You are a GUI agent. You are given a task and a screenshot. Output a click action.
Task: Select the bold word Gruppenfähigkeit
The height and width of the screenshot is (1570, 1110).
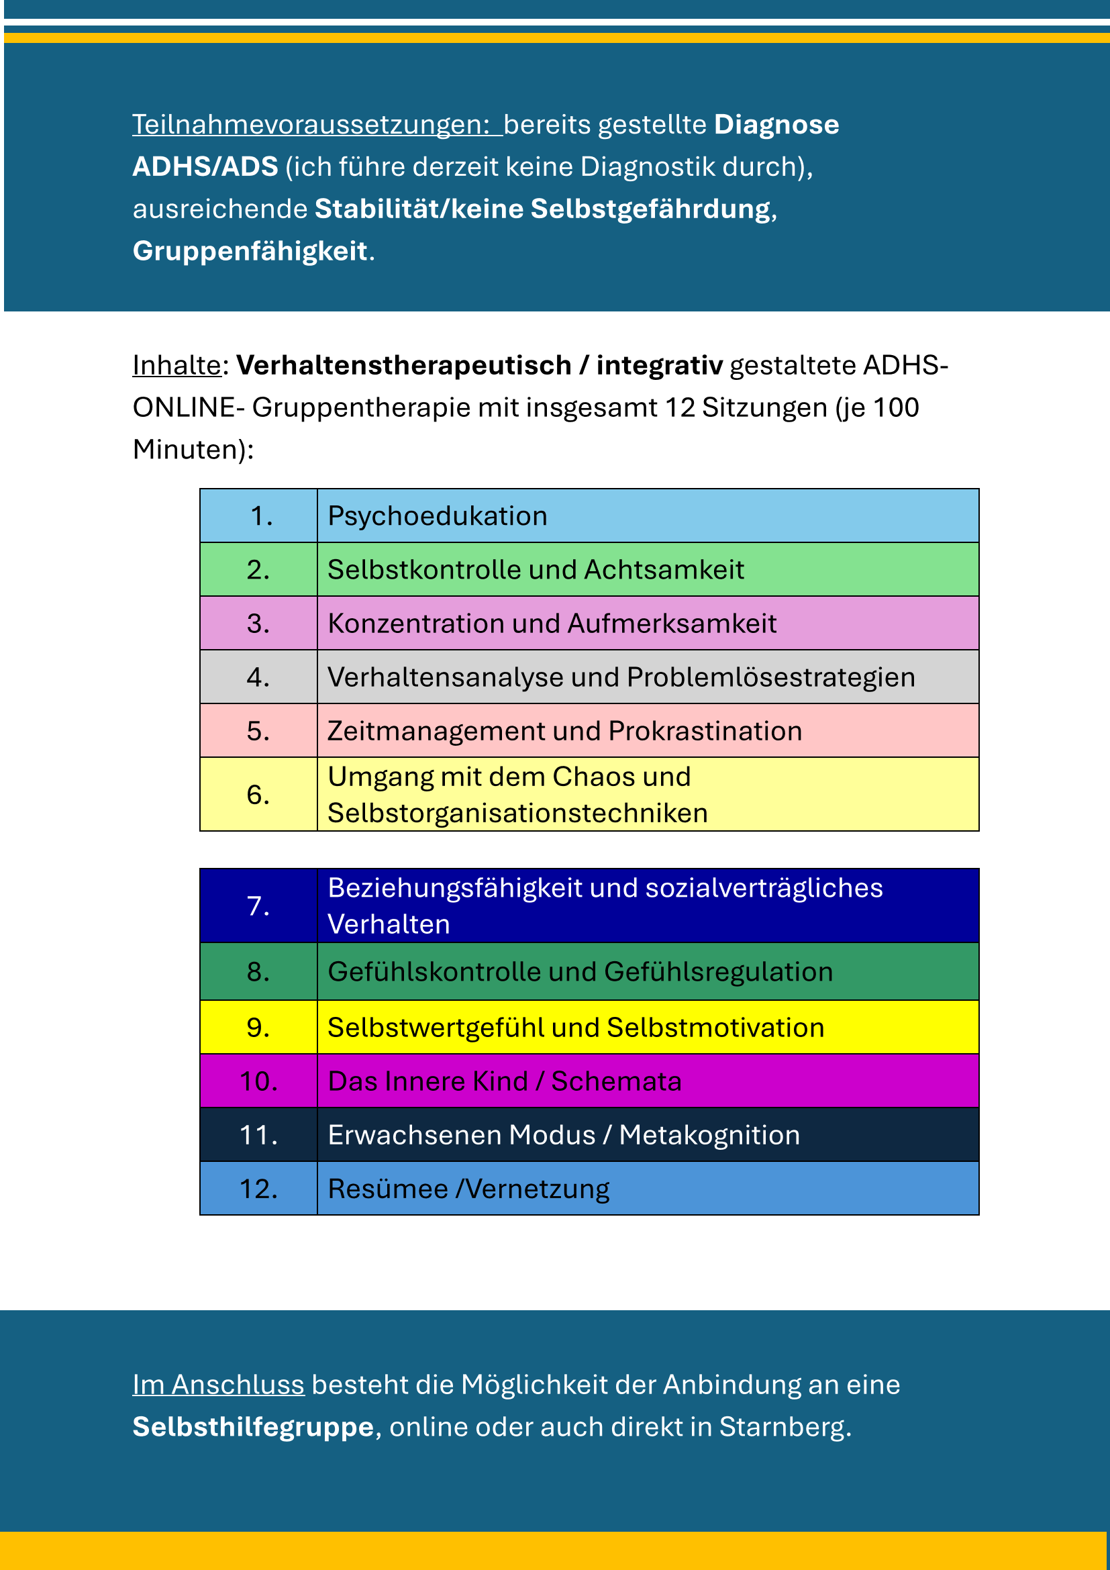250,251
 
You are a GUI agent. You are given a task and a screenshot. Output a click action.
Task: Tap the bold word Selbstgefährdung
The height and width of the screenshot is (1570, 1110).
651,209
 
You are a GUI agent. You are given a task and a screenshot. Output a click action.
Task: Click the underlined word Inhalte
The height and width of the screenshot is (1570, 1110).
176,365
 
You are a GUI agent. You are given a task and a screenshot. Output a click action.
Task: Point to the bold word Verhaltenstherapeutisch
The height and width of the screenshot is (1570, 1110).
403,365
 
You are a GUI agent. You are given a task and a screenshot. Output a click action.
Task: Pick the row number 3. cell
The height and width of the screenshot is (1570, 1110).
258,623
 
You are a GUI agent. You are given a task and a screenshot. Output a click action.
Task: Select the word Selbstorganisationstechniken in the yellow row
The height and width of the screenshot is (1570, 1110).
517,813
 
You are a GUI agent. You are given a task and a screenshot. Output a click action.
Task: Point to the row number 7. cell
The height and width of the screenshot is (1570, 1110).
258,906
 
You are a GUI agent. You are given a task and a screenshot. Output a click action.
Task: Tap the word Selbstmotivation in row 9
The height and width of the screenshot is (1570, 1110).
715,1028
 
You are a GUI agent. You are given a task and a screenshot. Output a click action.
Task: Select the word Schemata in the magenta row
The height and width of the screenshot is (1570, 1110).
616,1081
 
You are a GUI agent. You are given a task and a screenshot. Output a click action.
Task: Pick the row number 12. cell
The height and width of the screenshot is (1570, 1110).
258,1189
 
